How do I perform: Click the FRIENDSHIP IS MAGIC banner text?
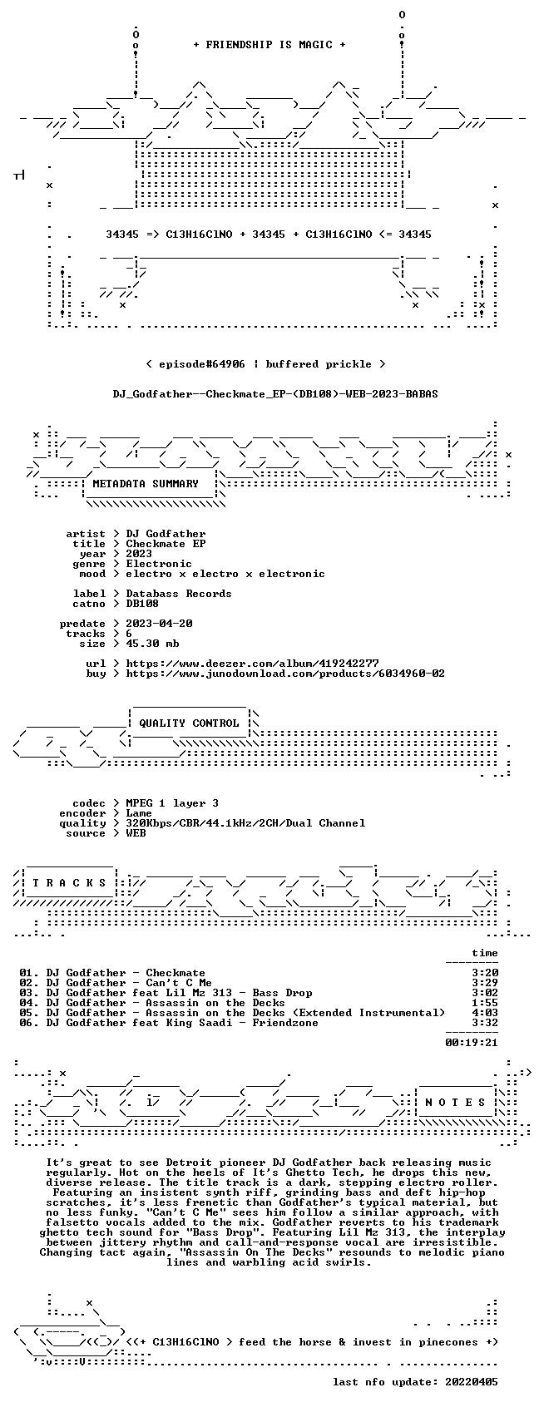[269, 45]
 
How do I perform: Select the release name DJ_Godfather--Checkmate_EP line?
[276, 394]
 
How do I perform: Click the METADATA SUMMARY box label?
[145, 484]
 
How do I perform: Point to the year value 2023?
[139, 554]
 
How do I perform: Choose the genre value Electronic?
[159, 564]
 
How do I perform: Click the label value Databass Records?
[179, 594]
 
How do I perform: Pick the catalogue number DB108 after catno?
[142, 604]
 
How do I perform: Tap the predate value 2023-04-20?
[159, 624]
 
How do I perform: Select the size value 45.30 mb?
[152, 644]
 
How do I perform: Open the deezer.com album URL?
[253, 664]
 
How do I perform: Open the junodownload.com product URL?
[285, 674]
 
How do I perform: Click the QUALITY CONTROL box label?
[189, 723]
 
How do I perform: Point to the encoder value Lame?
[139, 813]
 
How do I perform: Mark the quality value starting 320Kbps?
[245, 823]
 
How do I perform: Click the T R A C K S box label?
[69, 883]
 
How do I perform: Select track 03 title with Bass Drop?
[179, 993]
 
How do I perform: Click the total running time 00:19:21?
[472, 1043]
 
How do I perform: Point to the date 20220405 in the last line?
[472, 1383]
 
